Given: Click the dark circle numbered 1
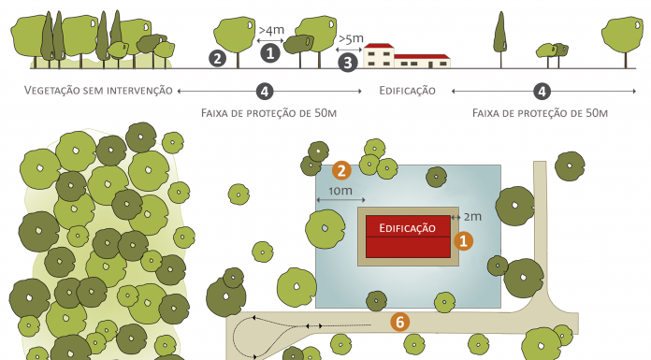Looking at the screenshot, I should pyautogui.click(x=270, y=52).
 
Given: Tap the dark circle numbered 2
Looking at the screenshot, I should pyautogui.click(x=218, y=58).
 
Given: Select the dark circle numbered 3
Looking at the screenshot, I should pyautogui.click(x=348, y=63).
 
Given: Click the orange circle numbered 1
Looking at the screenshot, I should pyautogui.click(x=462, y=240).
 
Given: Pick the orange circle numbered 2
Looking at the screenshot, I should pyautogui.click(x=341, y=170).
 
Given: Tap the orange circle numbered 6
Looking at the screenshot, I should pyautogui.click(x=400, y=322).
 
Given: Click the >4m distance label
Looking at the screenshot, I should pyautogui.click(x=270, y=30).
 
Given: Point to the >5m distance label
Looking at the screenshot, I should pyautogui.click(x=350, y=39).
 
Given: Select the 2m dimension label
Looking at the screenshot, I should pyautogui.click(x=472, y=217).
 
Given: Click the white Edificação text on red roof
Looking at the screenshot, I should pyautogui.click(x=408, y=227).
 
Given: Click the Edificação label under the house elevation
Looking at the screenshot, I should pyautogui.click(x=407, y=91).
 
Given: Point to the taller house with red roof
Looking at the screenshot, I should pyautogui.click(x=378, y=56).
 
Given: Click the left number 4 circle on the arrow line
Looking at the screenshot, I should pyautogui.click(x=266, y=91).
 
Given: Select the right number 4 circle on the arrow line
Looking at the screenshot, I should pyautogui.click(x=542, y=91).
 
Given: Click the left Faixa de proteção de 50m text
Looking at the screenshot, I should pyautogui.click(x=268, y=112).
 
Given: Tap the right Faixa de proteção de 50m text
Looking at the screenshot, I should pyautogui.click(x=541, y=112).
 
